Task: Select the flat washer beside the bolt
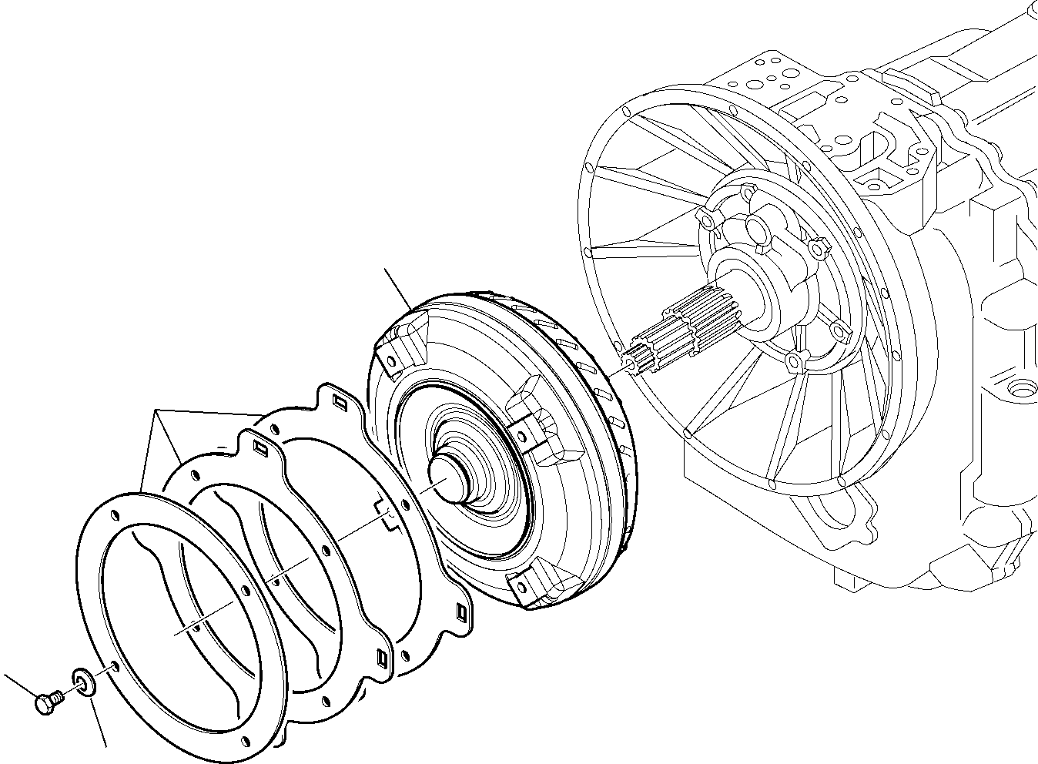click(82, 681)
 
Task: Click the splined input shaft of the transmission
click(678, 331)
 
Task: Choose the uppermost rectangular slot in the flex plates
click(340, 400)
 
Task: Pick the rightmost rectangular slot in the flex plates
click(461, 612)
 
